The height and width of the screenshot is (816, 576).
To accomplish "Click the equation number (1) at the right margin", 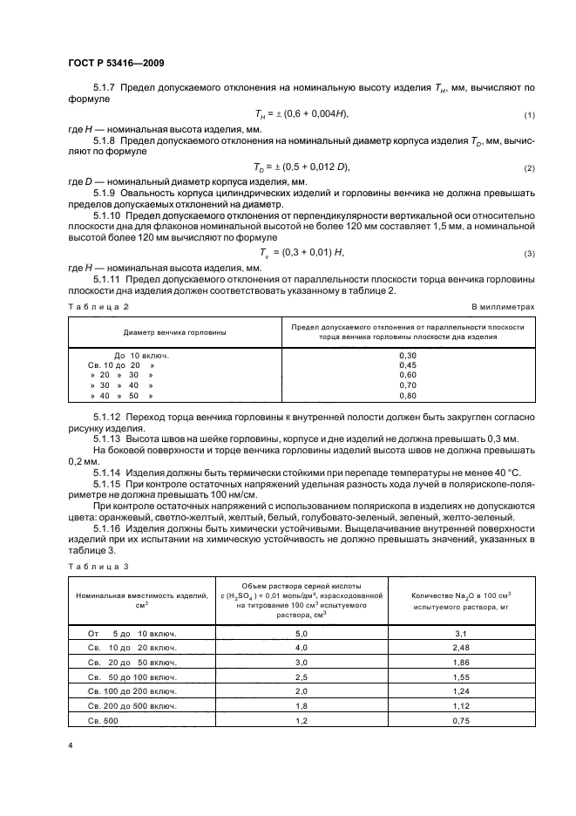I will tap(528, 116).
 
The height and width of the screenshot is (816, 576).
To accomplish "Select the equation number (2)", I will tap(528, 167).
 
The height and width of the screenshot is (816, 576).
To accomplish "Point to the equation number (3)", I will tap(528, 254).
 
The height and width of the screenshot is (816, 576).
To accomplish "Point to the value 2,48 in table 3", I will tap(461, 649).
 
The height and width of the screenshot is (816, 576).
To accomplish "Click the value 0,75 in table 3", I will tap(461, 721).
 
